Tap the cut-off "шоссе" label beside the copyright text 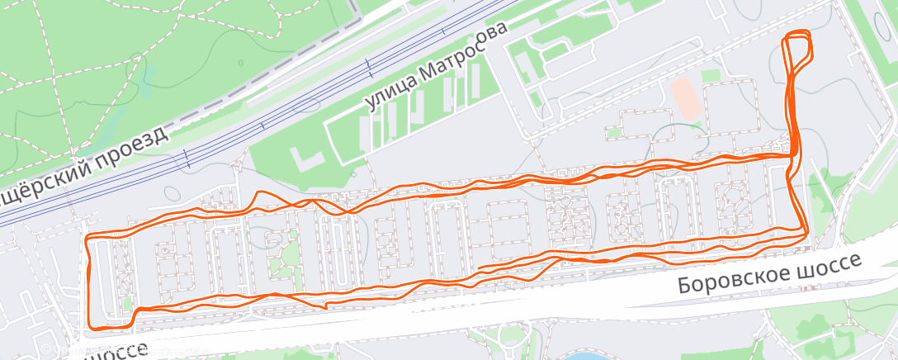click(x=116, y=349)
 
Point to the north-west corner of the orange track click(x=88, y=238)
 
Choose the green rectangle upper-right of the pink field click(x=712, y=76)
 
